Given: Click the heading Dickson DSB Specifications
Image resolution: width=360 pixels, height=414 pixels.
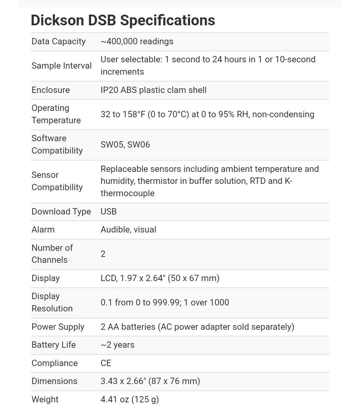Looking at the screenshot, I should pyautogui.click(x=123, y=20).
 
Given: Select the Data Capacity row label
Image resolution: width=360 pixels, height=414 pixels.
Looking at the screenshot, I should pyautogui.click(x=58, y=41).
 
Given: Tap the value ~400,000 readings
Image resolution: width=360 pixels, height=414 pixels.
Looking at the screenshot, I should pyautogui.click(x=137, y=41).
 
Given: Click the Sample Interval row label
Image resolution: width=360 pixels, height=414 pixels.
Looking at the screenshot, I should pyautogui.click(x=61, y=66).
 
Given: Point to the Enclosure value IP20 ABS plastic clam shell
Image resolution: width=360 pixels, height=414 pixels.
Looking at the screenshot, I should pyautogui.click(x=153, y=90).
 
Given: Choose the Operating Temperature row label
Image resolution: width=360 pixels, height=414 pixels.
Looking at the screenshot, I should pyautogui.click(x=56, y=114).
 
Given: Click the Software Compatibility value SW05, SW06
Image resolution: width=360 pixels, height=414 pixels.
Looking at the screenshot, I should pyautogui.click(x=125, y=144).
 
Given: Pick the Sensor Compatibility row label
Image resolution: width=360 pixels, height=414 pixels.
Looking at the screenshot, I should pyautogui.click(x=57, y=181).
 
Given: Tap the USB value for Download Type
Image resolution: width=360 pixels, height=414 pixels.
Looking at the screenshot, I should pyautogui.click(x=109, y=212).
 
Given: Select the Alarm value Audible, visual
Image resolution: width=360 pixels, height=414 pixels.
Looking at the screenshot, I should pyautogui.click(x=128, y=229).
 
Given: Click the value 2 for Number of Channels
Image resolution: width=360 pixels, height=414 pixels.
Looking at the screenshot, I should pyautogui.click(x=103, y=254).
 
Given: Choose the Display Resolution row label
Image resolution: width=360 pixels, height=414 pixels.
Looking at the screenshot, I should pyautogui.click(x=52, y=302).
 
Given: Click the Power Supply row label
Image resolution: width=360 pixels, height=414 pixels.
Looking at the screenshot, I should pyautogui.click(x=58, y=327).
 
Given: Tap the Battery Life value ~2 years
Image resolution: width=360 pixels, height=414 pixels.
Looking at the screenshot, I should pyautogui.click(x=117, y=345).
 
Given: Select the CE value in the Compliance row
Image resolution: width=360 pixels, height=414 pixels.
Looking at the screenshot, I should pyautogui.click(x=106, y=363).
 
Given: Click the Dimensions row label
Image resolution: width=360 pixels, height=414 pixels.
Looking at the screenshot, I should pyautogui.click(x=54, y=381).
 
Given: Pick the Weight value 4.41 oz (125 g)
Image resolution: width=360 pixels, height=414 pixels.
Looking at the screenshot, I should pyautogui.click(x=129, y=400).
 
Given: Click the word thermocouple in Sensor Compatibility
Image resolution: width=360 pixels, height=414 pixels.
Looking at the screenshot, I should pyautogui.click(x=127, y=193).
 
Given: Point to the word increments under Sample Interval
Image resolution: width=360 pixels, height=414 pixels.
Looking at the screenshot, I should pyautogui.click(x=122, y=72).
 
